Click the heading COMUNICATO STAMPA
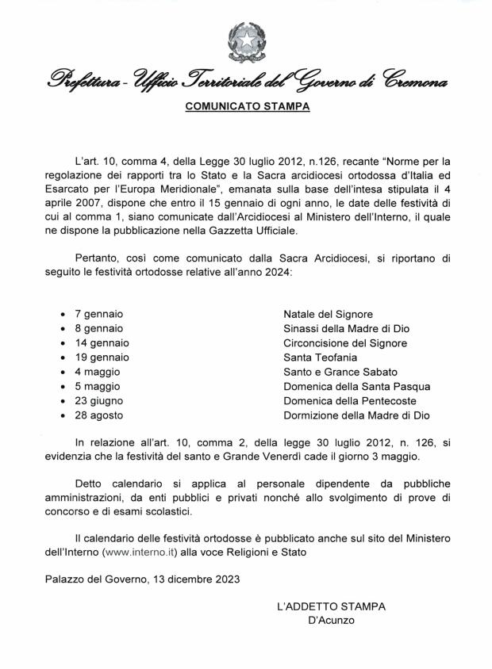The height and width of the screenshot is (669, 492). coord(247,106)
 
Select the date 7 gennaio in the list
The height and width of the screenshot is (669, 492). coord(99,315)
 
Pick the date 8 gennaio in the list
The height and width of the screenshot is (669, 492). coord(99,329)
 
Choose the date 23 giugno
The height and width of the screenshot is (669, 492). coord(98,400)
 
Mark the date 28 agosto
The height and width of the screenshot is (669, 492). coord(99,415)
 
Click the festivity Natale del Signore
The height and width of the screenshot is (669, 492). coord(328,315)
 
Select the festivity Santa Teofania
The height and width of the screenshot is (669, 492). coord(315,357)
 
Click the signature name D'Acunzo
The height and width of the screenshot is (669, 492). coord(331,621)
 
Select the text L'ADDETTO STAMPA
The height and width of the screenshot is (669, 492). coord(331,607)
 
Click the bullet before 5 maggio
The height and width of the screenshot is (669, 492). coord(63,387)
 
